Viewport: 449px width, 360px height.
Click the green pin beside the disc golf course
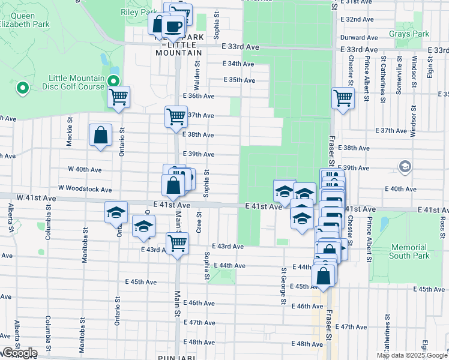coord(23,89)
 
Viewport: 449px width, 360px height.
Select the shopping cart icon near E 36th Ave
coord(118,96)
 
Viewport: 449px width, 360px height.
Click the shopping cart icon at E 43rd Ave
coord(177,243)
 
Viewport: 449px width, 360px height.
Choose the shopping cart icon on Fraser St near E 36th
coord(342,97)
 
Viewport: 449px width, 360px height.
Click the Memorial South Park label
coord(410,251)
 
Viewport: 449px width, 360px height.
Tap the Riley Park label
coord(139,11)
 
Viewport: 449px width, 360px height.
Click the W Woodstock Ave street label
coord(85,190)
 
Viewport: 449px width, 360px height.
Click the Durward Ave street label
coord(359,37)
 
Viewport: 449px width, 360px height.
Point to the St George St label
coord(283,286)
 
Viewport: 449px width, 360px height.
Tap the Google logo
coord(19,353)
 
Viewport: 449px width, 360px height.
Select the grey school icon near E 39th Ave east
coord(405,166)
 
